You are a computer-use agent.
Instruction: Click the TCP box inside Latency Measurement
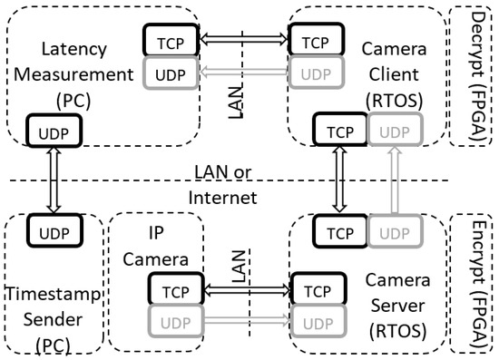pos(167,40)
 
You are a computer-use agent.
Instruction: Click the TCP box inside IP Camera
pos(172,291)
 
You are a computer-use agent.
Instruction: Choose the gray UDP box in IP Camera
pos(172,323)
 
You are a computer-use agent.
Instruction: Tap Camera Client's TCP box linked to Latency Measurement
pos(313,40)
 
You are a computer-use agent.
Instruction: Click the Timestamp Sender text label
pos(51,307)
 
